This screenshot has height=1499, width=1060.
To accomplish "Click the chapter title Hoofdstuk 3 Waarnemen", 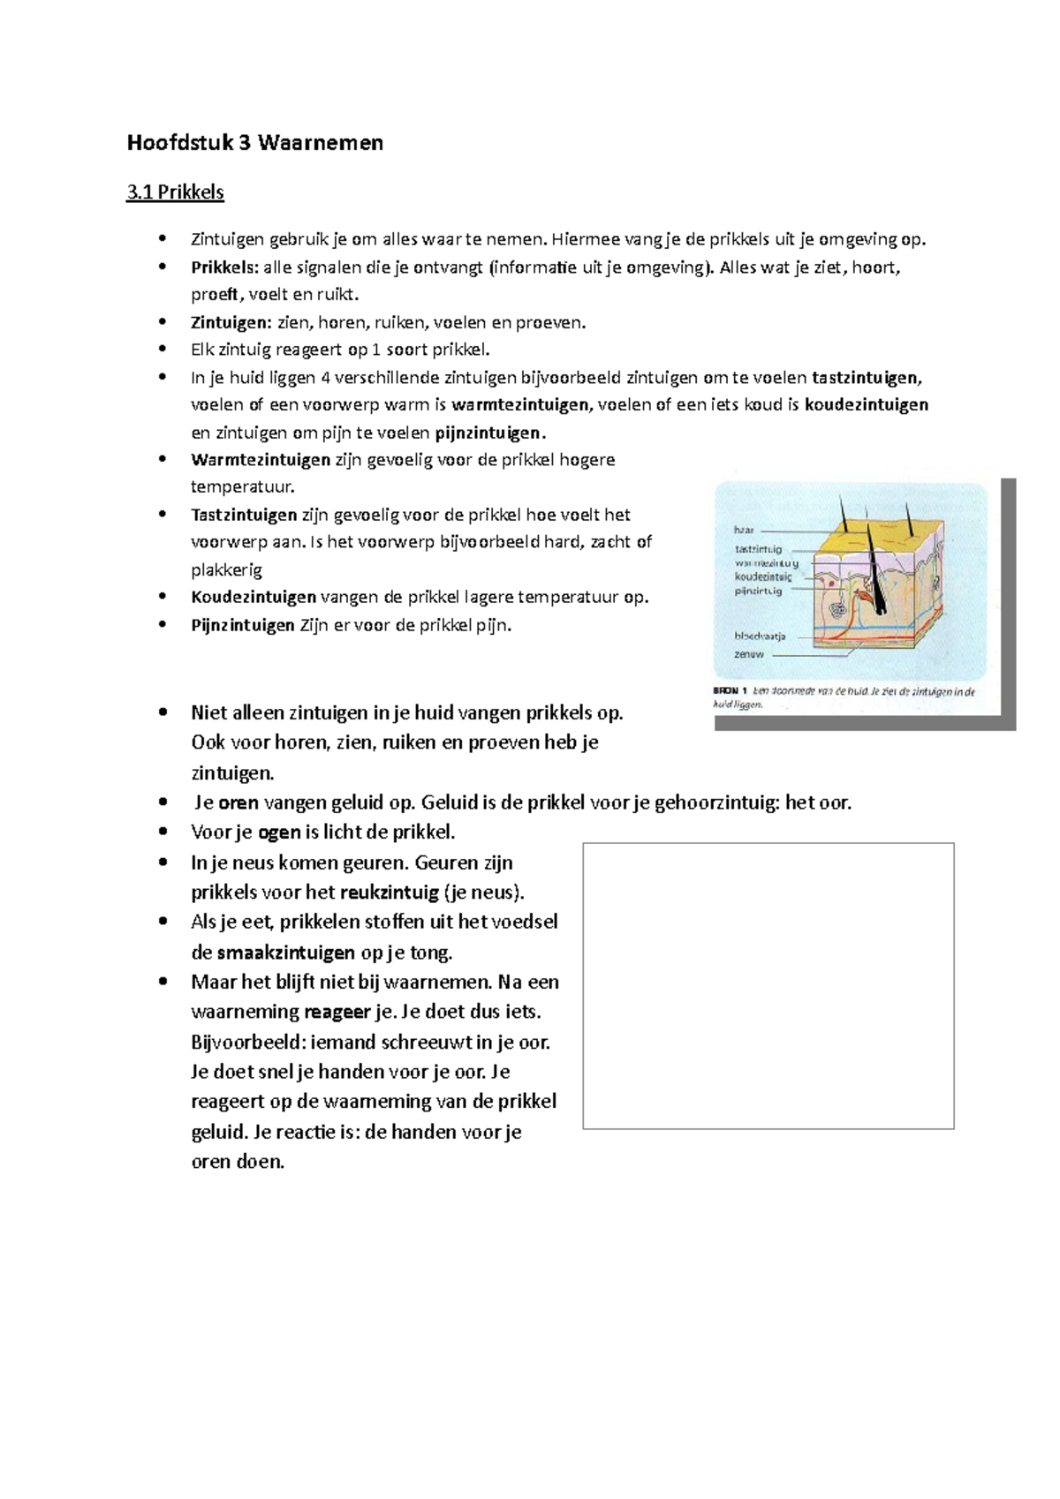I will (254, 143).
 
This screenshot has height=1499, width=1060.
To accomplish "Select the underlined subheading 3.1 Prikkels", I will (175, 192).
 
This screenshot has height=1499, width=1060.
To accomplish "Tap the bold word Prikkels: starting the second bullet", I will (224, 267).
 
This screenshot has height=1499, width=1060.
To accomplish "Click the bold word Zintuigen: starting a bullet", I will (231, 322).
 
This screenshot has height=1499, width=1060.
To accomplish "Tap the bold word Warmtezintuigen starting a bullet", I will (260, 460).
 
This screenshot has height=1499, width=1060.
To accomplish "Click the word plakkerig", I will (226, 569).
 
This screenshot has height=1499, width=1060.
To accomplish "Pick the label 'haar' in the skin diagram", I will (744, 530).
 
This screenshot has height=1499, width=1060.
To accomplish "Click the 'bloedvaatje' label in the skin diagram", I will (759, 636).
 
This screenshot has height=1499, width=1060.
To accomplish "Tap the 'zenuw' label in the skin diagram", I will (748, 655).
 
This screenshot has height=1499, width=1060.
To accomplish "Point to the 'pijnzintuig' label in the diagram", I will (758, 591).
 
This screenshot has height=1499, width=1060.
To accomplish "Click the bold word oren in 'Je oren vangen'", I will (238, 803).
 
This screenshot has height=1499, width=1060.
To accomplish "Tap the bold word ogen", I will (278, 832).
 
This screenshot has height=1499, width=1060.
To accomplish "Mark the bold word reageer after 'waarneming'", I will (337, 1012).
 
